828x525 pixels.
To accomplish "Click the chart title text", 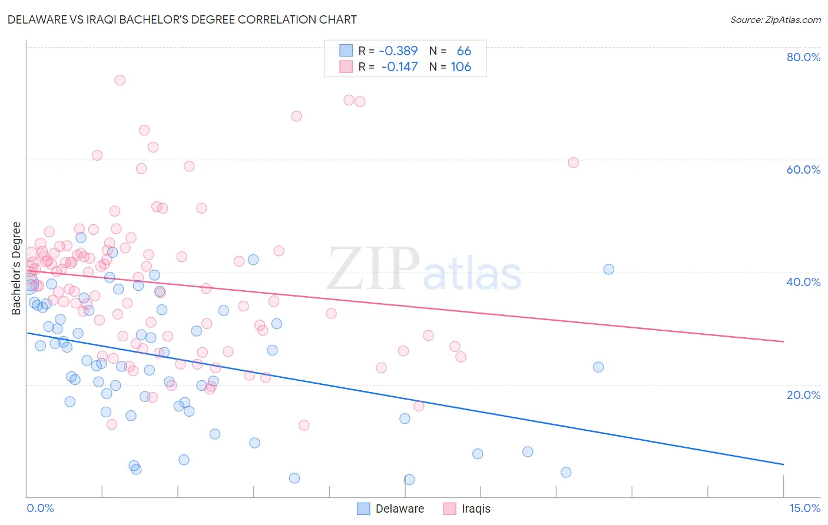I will pos(182,19).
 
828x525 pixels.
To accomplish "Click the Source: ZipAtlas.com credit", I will pos(775,19).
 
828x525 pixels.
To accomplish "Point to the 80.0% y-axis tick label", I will pos(803,57).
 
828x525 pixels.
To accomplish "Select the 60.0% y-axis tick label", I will pos(803,170).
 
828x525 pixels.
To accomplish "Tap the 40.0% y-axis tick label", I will pos(803,282).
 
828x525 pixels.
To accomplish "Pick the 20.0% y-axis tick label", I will pos(803,395).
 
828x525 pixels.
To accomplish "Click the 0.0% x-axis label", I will pos(40,508).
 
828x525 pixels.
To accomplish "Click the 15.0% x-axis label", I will pos(804,508).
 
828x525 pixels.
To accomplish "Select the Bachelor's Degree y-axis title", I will pos(16,268).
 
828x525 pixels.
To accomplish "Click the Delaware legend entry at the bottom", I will pos(390,509).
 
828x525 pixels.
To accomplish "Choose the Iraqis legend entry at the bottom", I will pos(466,509).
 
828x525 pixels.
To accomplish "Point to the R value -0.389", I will pos(398,51).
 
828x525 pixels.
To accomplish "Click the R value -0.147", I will pos(399,67).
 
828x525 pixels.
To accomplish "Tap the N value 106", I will pos(461,67).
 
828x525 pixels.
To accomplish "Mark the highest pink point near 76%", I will pos(120,80).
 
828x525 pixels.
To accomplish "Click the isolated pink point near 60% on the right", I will pos(573,162).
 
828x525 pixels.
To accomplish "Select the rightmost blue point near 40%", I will pos(608,270).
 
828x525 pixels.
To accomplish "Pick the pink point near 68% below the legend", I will pos(296,117).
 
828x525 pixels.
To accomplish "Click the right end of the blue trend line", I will pos(783,464).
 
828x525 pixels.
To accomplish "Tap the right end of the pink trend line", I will pos(783,341).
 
